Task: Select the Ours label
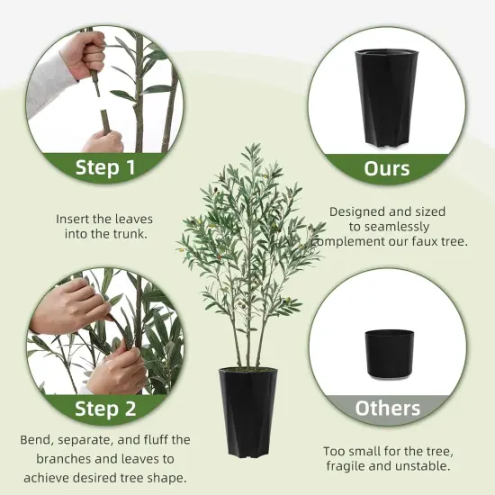[387, 168]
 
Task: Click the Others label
[387, 408]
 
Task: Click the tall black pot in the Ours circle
[386, 95]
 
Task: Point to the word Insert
[74, 218]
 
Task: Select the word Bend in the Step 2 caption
[37, 440]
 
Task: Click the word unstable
[422, 466]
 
